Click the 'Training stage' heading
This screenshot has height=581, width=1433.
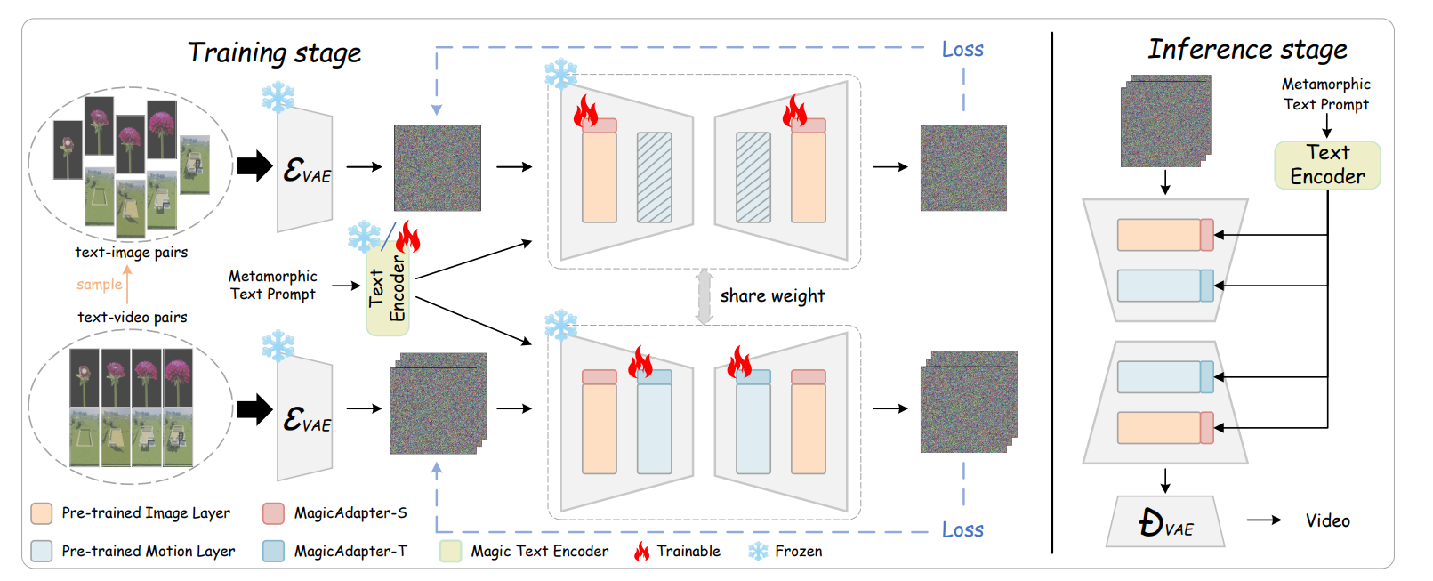click(274, 53)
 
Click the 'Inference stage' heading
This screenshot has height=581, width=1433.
click(1247, 50)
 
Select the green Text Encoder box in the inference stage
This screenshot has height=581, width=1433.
click(1327, 165)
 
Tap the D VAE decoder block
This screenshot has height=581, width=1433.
click(1165, 522)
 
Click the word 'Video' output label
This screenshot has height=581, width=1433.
click(1327, 521)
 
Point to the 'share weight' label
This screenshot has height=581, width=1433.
click(772, 296)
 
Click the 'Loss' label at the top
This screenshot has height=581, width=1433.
click(962, 50)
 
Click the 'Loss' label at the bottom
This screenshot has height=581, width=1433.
click(962, 530)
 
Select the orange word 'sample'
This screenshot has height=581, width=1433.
click(99, 285)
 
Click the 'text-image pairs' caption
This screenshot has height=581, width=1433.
click(132, 253)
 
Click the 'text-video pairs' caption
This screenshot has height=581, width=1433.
click(133, 318)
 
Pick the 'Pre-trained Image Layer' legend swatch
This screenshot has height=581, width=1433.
click(41, 513)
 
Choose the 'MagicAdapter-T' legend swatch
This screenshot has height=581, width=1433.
click(274, 552)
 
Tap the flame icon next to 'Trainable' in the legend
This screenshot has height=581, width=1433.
click(641, 552)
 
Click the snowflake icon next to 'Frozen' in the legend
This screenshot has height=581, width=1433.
click(758, 552)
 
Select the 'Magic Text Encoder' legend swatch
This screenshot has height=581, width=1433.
click(451, 552)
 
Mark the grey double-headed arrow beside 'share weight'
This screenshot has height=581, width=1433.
click(704, 296)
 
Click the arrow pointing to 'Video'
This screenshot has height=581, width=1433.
click(1263, 520)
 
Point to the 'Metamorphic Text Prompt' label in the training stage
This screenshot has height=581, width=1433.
click(272, 286)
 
